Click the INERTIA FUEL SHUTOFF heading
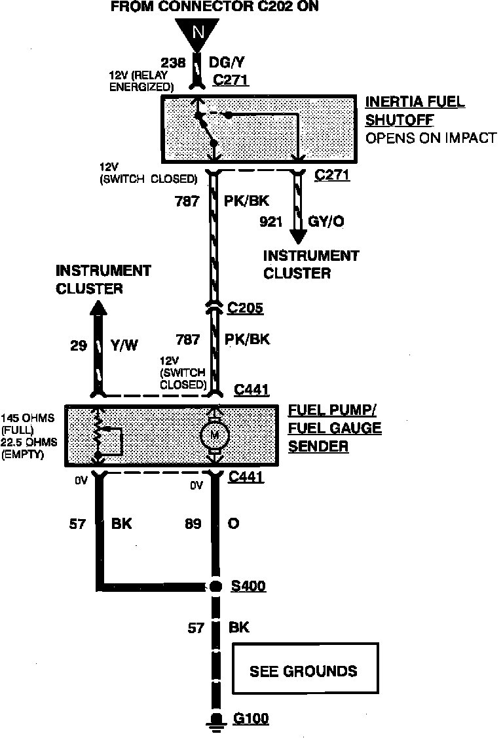click(x=415, y=111)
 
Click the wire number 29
click(x=79, y=345)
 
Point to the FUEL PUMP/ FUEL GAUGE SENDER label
click(x=335, y=429)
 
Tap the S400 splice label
click(x=248, y=586)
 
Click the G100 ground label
click(x=250, y=719)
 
